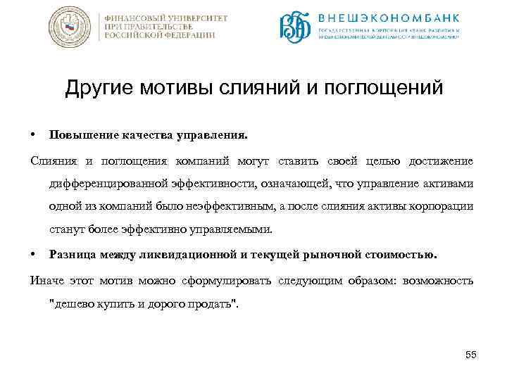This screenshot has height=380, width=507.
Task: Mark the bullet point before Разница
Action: click(x=34, y=254)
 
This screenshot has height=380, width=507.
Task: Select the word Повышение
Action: click(x=79, y=134)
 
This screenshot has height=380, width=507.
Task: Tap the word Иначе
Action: click(x=46, y=281)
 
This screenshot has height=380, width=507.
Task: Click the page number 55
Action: click(x=471, y=355)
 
